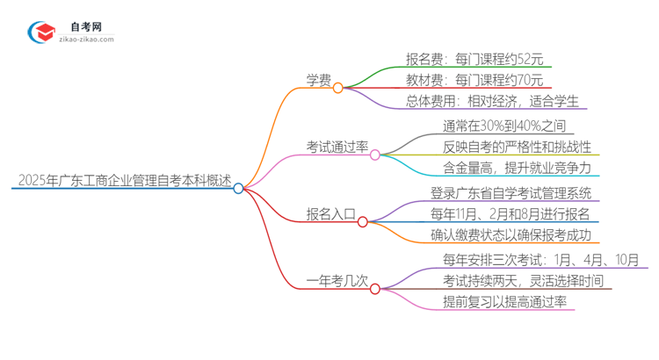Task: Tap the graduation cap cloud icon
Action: point(40,32)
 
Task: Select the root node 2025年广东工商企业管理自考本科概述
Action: point(124,183)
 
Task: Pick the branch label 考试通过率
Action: point(337,148)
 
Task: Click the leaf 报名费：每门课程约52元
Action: point(474,60)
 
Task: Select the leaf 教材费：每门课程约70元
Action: point(474,80)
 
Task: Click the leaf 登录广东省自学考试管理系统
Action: point(511,193)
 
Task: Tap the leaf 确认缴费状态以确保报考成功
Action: point(511,235)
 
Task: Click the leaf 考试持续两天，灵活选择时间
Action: point(524,281)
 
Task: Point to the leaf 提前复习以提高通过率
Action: point(505,302)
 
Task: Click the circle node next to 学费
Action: point(337,88)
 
